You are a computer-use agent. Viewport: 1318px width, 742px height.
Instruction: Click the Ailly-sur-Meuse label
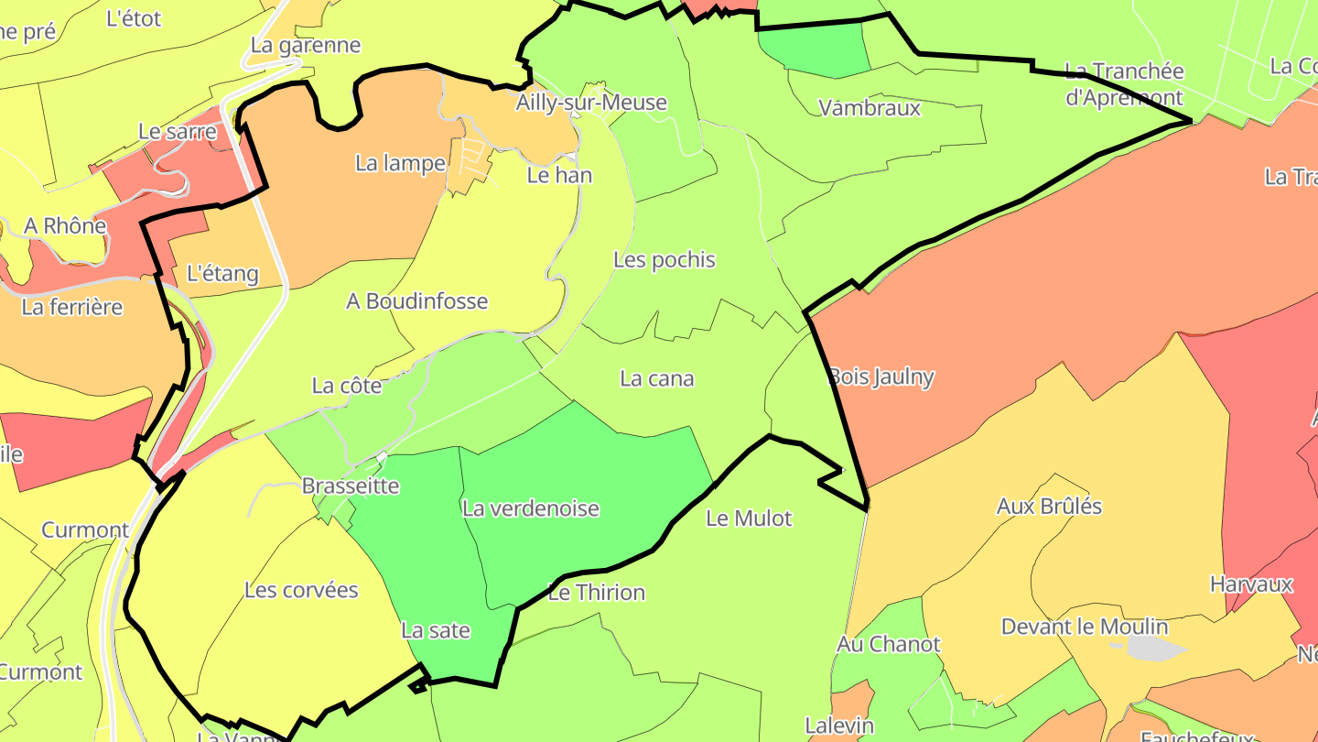(590, 103)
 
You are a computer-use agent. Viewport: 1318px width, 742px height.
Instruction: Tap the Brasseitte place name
(351, 486)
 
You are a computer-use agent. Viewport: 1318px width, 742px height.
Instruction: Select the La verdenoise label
(531, 508)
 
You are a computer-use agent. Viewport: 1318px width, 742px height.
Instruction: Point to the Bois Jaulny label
(880, 376)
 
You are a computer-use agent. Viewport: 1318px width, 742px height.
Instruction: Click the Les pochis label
(664, 260)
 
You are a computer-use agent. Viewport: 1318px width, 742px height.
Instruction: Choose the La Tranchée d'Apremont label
(1124, 84)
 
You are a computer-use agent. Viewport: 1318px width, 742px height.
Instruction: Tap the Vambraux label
(870, 108)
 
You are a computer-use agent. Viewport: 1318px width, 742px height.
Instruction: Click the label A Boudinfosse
(416, 301)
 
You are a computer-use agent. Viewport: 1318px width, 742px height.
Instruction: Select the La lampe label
(400, 164)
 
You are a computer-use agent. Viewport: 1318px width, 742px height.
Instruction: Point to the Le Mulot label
(749, 518)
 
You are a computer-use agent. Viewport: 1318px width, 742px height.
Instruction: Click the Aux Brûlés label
(1049, 507)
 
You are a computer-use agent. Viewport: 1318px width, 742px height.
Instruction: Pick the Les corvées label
(301, 590)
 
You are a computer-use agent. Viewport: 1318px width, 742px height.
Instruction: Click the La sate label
(436, 630)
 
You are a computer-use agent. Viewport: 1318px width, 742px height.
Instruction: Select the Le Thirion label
(596, 593)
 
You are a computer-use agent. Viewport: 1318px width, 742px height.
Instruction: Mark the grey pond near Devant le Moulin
(1152, 648)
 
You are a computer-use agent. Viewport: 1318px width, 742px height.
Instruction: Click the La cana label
(656, 378)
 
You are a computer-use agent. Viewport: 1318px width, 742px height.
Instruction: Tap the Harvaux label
(1251, 584)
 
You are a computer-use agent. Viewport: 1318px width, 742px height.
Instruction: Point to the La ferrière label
(71, 307)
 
